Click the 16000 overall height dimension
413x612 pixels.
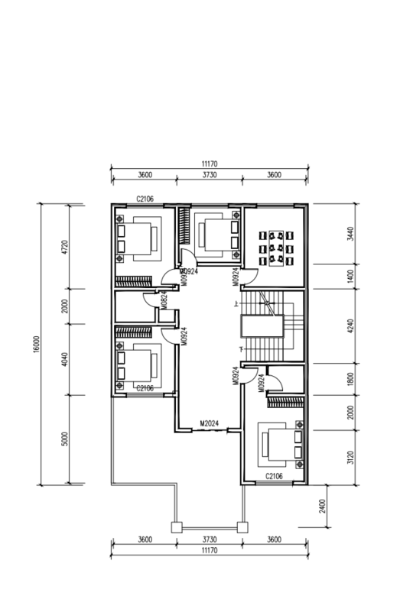37,344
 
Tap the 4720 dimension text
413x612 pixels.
65,247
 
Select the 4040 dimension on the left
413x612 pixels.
65,359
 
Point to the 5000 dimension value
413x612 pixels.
65,439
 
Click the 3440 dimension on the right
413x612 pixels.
350,234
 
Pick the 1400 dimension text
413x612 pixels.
350,277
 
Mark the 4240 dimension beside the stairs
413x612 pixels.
350,326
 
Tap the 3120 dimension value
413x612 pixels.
350,458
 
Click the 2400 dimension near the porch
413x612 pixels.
322,507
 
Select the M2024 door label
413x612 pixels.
210,423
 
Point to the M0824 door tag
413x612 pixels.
164,300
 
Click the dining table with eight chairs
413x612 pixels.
276,248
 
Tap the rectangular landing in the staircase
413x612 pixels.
262,326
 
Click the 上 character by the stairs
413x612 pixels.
236,303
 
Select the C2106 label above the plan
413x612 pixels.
145,199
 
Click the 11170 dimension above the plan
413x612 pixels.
210,164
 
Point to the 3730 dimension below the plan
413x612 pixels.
210,539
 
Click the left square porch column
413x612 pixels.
177,528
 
